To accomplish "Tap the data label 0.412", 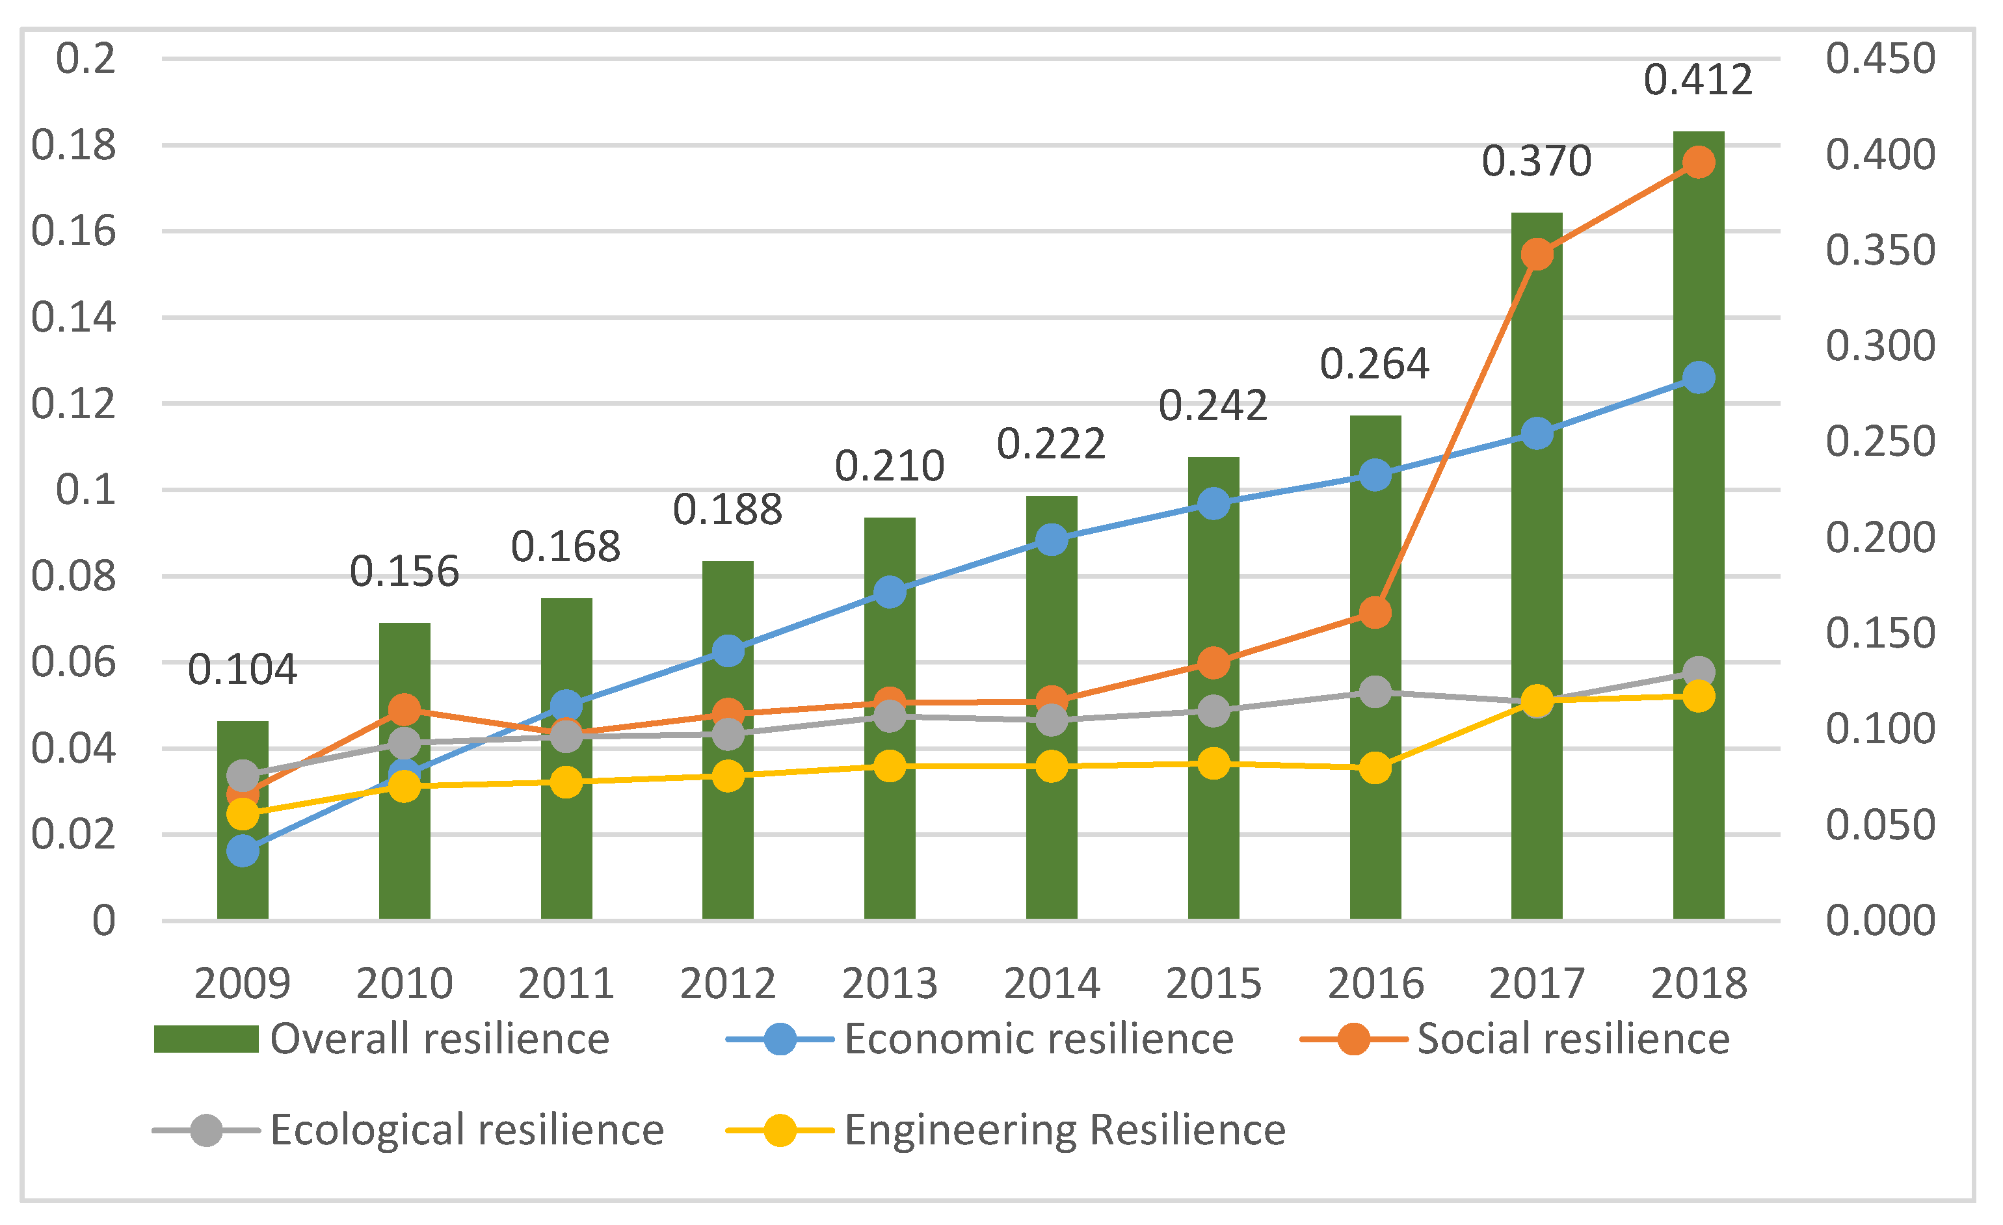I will pos(1698,81).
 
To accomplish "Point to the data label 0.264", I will pos(1375,364).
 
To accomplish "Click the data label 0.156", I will pos(404,572).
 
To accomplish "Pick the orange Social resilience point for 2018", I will pos(1698,162).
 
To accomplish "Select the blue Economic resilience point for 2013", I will pos(890,592).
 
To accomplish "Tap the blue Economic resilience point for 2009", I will pos(242,851).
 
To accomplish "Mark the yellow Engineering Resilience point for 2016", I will pos(1375,768).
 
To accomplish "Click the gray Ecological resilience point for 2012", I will pos(728,735).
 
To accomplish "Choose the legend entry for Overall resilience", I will pos(382,1039).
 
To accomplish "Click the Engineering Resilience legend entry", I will pos(1005,1130).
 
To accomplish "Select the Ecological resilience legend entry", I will pos(409,1130).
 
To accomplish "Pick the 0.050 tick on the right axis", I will pos(1879,825).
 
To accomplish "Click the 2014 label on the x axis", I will pos(1051,984).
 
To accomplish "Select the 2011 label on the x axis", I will pos(566,984).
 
